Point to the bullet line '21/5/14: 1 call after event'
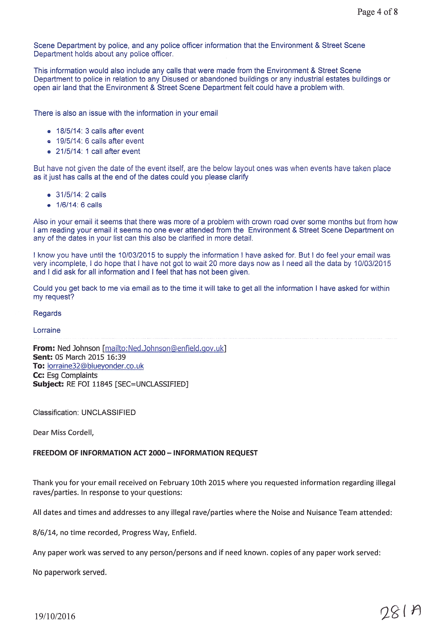(98, 151)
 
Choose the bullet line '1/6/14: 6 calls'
(79, 205)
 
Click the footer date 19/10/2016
(55, 616)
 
